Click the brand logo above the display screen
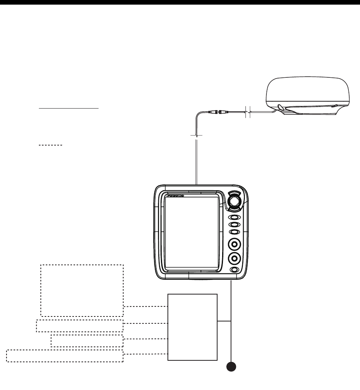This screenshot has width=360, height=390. [x=176, y=196]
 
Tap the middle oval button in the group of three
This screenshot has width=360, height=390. [x=234, y=225]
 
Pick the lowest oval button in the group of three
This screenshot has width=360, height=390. [x=234, y=232]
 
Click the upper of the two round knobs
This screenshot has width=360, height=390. [x=234, y=244]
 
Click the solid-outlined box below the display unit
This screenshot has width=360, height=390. [x=193, y=327]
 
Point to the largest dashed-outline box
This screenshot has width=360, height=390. [x=82, y=290]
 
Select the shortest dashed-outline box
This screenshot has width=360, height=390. [x=87, y=341]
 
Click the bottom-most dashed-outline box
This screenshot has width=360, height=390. [x=65, y=356]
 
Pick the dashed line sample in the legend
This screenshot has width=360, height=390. [x=50, y=145]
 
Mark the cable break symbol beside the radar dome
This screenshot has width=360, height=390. [x=248, y=112]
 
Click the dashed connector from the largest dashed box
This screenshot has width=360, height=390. [x=146, y=307]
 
